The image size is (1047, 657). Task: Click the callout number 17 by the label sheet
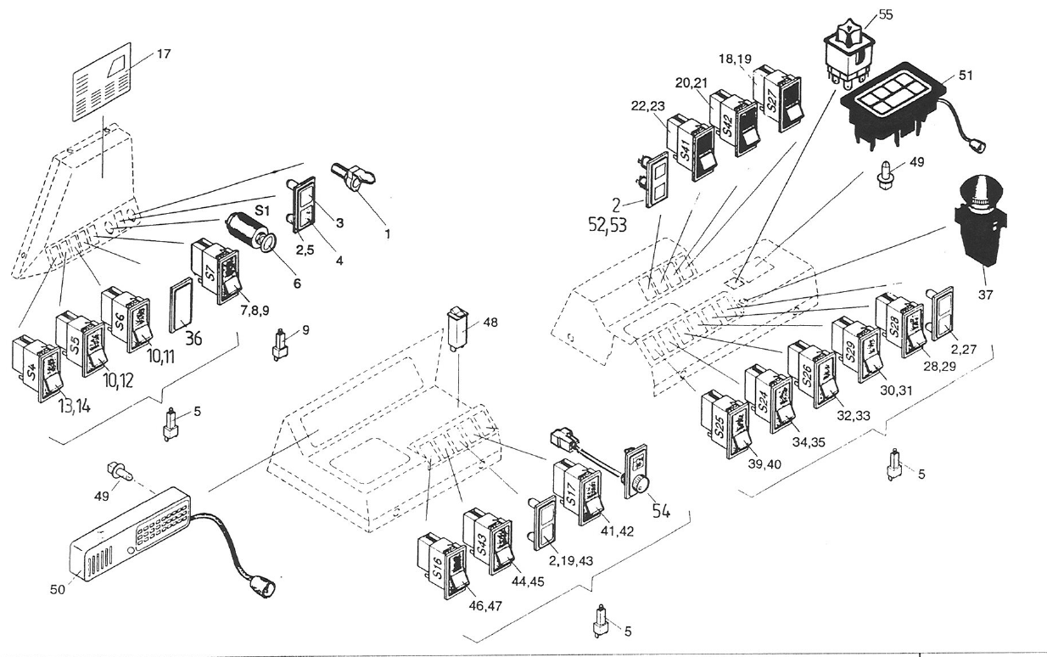coord(163,53)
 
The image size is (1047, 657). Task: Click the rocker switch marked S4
coord(36,369)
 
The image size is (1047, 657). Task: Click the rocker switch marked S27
coord(779,98)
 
